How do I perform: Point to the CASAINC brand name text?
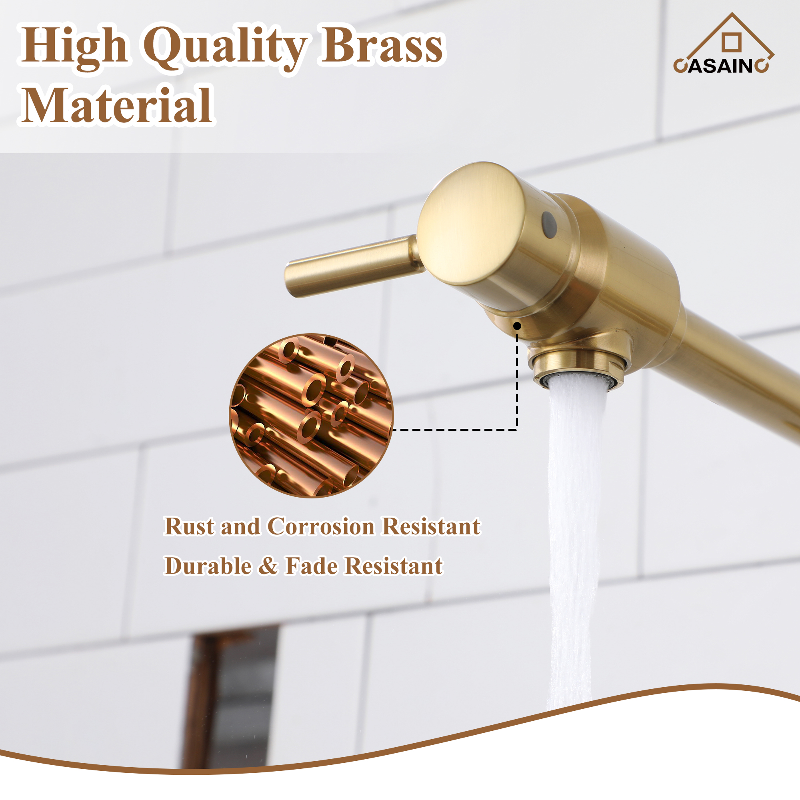(721, 66)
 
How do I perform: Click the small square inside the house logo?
(731, 42)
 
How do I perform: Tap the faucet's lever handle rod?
(352, 265)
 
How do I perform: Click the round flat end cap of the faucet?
(470, 224)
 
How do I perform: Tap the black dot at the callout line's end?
(517, 326)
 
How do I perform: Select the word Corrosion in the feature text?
(321, 526)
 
